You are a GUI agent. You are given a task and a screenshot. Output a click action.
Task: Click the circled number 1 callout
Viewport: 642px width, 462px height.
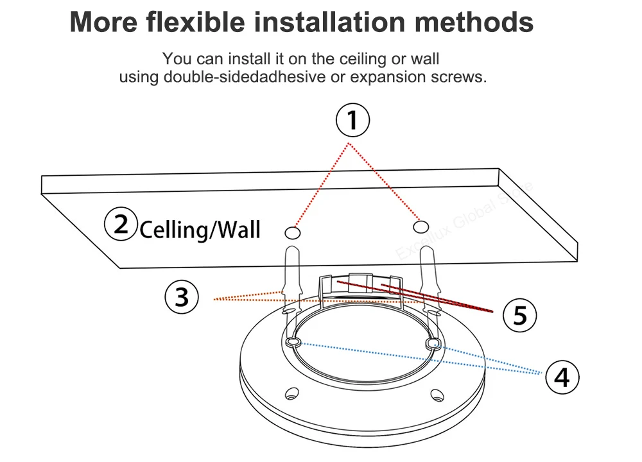pyautogui.click(x=352, y=121)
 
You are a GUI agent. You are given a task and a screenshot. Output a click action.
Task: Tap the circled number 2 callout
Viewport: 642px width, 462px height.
pyautogui.click(x=121, y=225)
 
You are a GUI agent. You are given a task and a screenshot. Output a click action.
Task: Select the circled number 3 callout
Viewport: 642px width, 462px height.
pyautogui.click(x=182, y=297)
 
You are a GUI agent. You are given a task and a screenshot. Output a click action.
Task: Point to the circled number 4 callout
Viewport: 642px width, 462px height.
pyautogui.click(x=562, y=377)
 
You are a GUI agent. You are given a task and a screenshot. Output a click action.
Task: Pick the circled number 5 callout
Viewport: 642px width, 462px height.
pyautogui.click(x=520, y=314)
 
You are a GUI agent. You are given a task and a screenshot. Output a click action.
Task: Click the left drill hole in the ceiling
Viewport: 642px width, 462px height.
pyautogui.click(x=292, y=232)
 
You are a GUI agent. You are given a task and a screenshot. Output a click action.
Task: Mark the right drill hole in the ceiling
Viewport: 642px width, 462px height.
pyautogui.click(x=421, y=227)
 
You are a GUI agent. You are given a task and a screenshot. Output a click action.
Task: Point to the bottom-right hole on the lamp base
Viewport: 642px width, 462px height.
pyautogui.click(x=437, y=394)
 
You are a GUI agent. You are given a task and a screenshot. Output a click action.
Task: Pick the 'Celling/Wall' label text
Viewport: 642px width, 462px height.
pyautogui.click(x=200, y=229)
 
